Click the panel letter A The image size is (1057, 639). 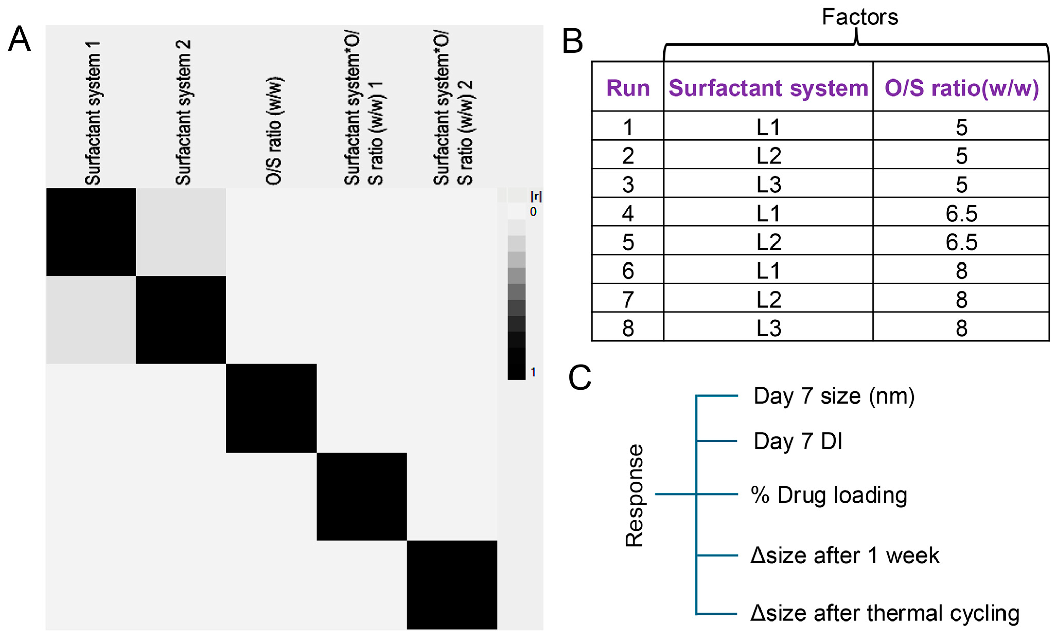19,39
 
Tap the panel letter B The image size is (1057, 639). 572,42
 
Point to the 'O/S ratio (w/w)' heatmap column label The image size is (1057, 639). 274,131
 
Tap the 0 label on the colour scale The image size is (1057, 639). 533,212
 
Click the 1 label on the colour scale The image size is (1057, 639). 533,372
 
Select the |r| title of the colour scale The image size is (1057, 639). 536,196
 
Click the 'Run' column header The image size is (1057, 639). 628,88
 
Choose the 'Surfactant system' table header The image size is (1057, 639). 768,88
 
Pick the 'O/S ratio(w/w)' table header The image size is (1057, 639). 961,88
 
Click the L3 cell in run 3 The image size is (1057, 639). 768,185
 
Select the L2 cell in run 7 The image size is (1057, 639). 768,299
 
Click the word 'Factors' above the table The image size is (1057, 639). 860,17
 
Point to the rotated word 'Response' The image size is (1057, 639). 634,495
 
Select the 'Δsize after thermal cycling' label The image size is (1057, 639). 885,613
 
